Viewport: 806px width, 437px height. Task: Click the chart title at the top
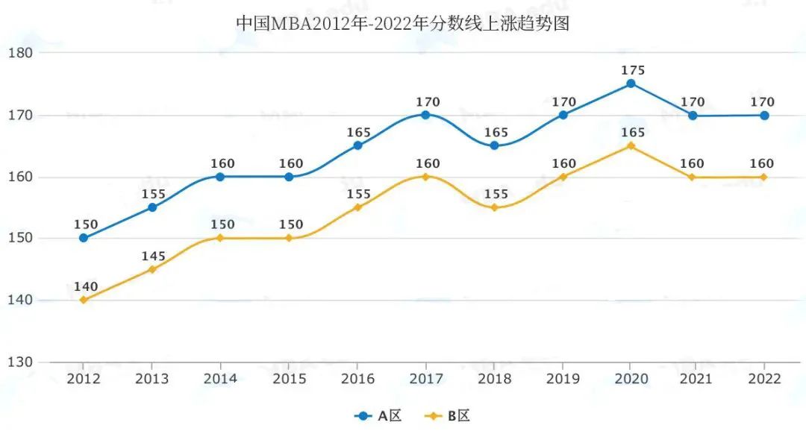(x=403, y=24)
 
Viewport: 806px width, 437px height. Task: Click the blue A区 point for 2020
(x=631, y=84)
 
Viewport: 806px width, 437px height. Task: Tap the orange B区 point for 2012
(x=84, y=300)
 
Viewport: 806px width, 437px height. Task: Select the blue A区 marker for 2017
(x=425, y=115)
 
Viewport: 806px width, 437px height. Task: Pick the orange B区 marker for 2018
(x=494, y=207)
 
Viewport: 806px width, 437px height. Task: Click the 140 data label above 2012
(x=85, y=286)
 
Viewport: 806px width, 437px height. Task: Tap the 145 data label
(x=154, y=256)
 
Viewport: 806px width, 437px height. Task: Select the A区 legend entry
(x=378, y=416)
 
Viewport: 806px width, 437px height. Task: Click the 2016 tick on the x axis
(x=357, y=378)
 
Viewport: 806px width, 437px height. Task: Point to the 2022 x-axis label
(x=764, y=378)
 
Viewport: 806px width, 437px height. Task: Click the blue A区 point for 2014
(x=220, y=177)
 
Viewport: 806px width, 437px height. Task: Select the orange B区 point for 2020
(x=631, y=145)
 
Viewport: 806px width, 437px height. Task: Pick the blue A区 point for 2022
(x=764, y=115)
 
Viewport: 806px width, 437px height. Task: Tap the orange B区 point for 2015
(x=289, y=238)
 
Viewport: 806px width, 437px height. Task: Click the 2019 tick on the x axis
(x=562, y=378)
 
